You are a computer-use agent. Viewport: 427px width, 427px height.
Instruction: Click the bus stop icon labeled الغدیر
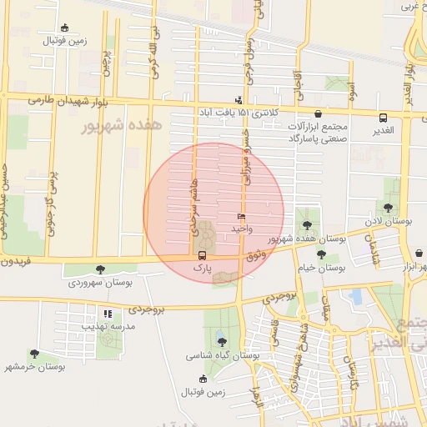[x=383, y=118]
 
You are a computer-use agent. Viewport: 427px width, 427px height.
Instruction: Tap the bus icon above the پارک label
[x=202, y=255]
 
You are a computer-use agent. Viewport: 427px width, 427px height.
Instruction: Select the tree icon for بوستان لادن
[x=388, y=208]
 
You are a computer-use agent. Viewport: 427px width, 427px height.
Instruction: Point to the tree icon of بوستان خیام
[x=322, y=254]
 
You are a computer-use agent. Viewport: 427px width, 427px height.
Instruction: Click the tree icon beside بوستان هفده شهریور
[x=308, y=224]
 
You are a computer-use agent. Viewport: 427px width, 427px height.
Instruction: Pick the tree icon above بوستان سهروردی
[x=101, y=269]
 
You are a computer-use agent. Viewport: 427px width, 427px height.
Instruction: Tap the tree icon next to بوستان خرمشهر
[x=34, y=354]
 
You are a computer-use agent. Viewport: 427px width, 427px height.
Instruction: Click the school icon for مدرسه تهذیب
[x=108, y=314]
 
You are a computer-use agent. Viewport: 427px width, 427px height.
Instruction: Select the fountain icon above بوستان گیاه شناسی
[x=220, y=340]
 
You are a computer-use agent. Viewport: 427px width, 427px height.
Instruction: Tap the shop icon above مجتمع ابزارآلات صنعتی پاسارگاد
[x=318, y=113]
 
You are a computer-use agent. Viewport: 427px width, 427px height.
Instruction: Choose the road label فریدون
[x=14, y=261]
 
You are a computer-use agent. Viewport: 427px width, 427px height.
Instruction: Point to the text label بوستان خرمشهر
[x=34, y=366]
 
